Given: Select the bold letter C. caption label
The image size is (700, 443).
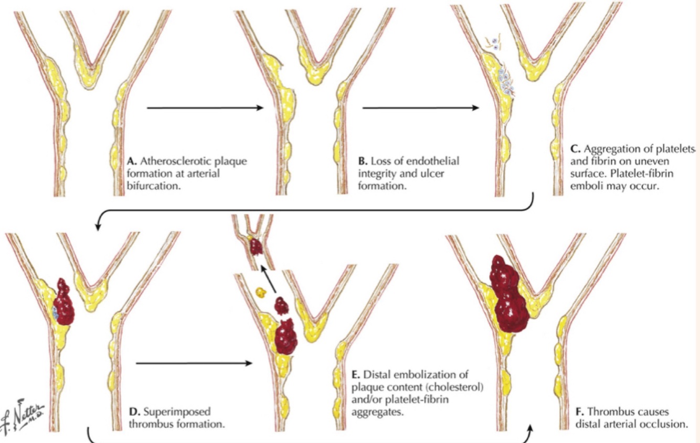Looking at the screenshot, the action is [574, 148].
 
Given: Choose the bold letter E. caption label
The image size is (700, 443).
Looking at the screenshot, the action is [354, 374].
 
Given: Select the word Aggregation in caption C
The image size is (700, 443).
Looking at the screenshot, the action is [606, 148].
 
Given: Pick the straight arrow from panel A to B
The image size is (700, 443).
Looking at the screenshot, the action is [205, 108].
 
